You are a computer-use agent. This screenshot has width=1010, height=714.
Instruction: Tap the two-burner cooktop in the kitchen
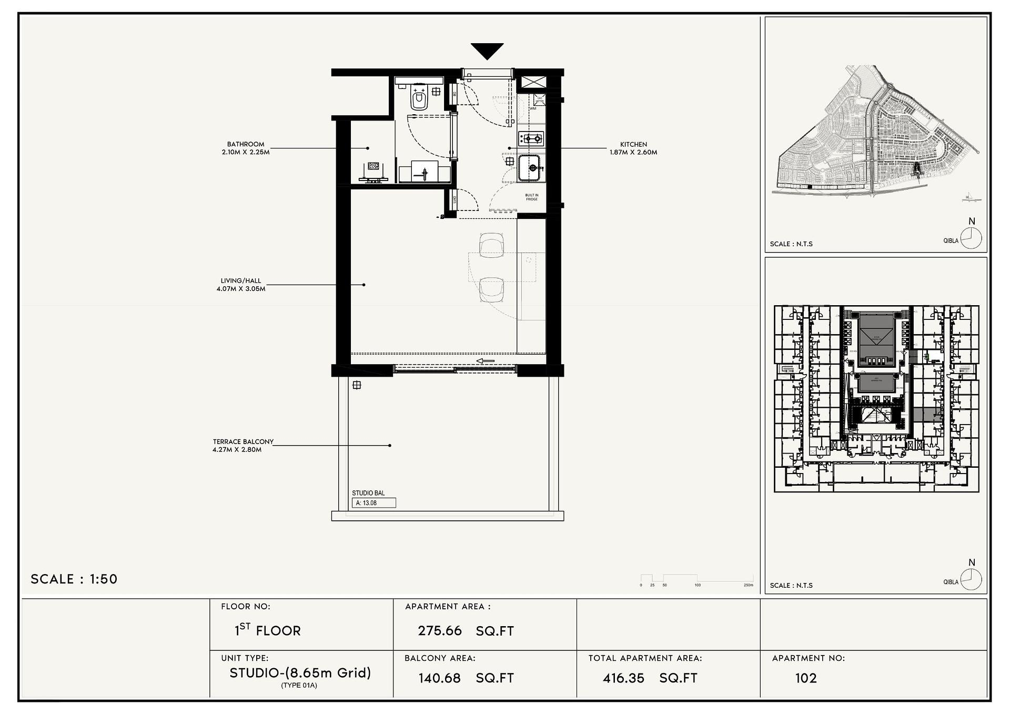(x=531, y=139)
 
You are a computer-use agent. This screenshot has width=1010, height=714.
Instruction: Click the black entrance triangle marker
(x=487, y=51)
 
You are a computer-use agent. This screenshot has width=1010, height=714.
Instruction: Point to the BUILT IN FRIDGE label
(x=532, y=197)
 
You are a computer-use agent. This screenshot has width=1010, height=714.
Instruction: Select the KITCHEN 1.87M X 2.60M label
(x=633, y=148)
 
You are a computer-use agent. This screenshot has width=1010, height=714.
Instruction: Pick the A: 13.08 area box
(x=373, y=503)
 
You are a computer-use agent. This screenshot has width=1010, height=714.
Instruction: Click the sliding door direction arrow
(x=486, y=361)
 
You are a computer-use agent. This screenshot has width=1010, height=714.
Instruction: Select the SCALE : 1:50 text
(x=74, y=579)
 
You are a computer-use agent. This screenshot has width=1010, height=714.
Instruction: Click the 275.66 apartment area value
(x=440, y=630)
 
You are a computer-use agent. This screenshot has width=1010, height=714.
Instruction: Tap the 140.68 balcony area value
(x=440, y=678)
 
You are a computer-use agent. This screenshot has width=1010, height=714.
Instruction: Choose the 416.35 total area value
(x=623, y=678)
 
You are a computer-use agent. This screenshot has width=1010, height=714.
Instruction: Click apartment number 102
(x=805, y=678)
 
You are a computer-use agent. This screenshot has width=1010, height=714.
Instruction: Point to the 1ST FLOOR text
(x=268, y=630)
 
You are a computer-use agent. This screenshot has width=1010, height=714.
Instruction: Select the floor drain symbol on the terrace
(x=357, y=385)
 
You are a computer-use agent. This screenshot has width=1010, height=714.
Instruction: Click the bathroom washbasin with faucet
(x=425, y=172)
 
